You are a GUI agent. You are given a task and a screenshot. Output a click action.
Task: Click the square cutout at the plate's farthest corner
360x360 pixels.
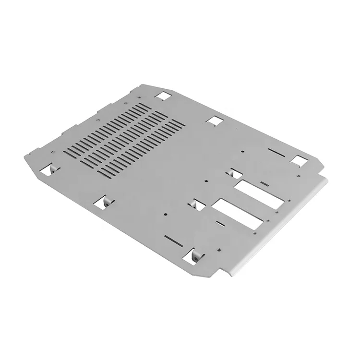click(x=162, y=96)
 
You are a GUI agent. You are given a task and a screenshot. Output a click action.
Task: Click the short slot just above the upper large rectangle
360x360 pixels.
click(x=264, y=183)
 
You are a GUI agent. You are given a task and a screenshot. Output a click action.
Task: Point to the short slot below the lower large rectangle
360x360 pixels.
click(x=220, y=223)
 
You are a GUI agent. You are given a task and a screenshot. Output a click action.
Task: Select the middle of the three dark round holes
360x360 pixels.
click(x=205, y=181)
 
